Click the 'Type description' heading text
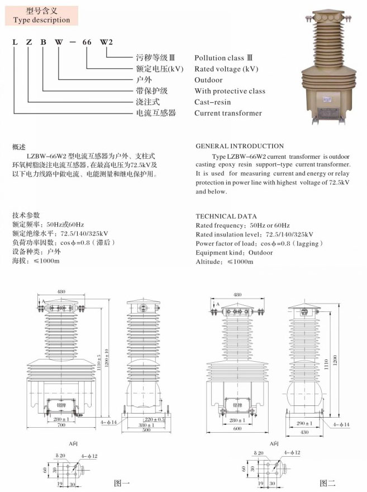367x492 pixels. [x=41, y=20]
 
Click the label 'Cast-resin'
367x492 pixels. [x=212, y=102]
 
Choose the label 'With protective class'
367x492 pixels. [x=230, y=91]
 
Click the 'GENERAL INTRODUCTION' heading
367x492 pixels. [x=240, y=146]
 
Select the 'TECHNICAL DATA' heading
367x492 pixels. [x=226, y=216]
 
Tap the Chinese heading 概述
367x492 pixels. [x=19, y=146]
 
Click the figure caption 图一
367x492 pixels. [x=122, y=482]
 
